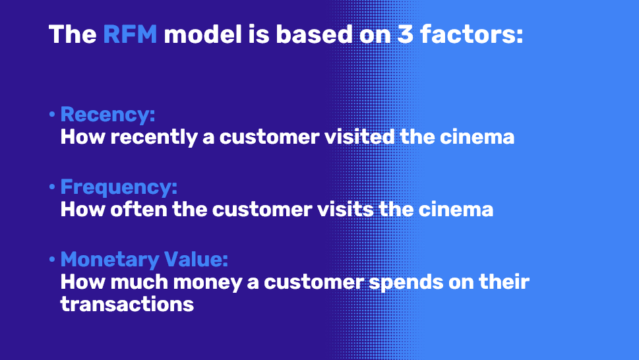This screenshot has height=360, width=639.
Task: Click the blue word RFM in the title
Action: (x=130, y=34)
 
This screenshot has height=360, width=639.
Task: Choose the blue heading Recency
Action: (x=107, y=115)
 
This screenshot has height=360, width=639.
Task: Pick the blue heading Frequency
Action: (x=119, y=187)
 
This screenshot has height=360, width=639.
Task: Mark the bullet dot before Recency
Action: (x=51, y=115)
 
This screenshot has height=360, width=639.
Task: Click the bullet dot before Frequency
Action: (x=51, y=188)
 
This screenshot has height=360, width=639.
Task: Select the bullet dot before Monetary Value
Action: (x=51, y=260)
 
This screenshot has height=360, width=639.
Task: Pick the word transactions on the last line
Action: (x=127, y=304)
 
